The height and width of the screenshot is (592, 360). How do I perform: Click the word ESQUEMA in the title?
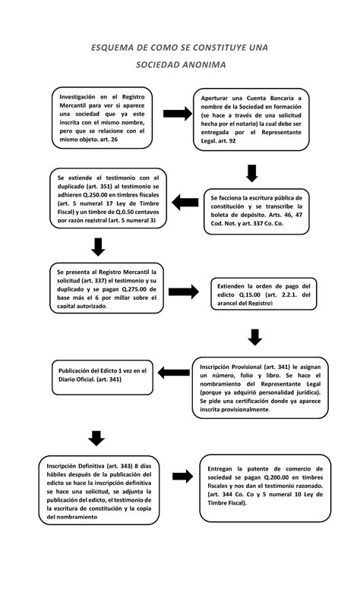click(113, 47)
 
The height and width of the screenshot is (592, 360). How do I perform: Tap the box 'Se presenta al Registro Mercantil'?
click(106, 288)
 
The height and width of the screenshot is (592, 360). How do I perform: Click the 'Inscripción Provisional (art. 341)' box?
click(261, 387)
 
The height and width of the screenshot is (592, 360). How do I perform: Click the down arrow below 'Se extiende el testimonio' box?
click(97, 247)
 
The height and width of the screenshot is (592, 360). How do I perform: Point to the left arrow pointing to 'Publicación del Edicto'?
click(177, 371)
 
